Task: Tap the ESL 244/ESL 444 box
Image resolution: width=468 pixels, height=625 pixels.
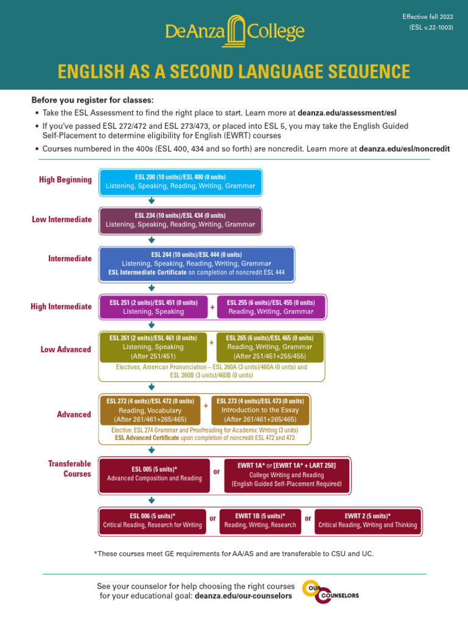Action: (196, 263)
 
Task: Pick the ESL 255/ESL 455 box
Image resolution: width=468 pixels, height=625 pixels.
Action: (271, 307)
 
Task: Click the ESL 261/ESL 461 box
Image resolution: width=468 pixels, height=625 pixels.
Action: (153, 347)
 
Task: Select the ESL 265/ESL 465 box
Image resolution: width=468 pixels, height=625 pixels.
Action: (269, 347)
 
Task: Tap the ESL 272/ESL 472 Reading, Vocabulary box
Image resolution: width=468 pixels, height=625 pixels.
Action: (150, 410)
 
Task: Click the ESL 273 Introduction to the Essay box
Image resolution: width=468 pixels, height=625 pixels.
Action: (260, 410)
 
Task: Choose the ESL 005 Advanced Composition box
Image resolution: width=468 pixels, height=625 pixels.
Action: (154, 474)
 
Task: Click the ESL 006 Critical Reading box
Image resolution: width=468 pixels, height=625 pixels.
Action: (152, 521)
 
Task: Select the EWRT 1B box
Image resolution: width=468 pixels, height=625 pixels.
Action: (260, 521)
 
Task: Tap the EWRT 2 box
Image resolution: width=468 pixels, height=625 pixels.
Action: (367, 521)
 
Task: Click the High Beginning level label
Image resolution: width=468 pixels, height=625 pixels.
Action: (65, 179)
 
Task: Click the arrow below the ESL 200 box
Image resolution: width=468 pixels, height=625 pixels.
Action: (151, 201)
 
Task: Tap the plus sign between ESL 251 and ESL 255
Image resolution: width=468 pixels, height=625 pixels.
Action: (212, 307)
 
